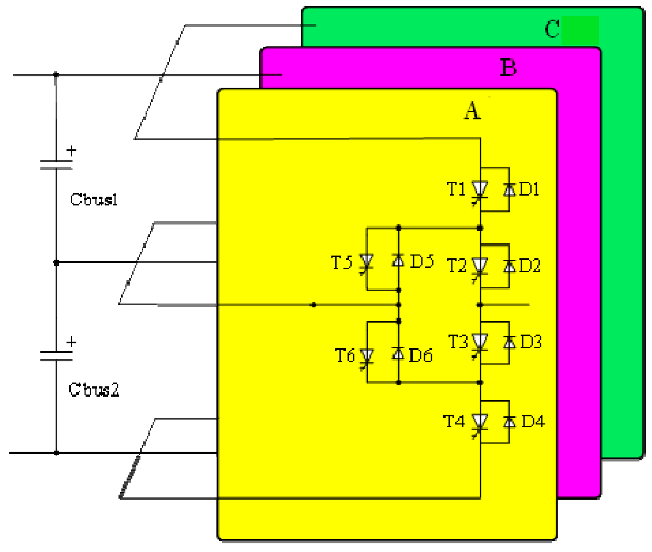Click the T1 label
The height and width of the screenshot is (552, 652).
tap(456, 189)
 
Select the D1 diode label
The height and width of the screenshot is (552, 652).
tap(529, 189)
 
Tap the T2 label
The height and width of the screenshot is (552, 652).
tap(457, 265)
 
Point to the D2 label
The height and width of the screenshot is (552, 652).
tap(529, 265)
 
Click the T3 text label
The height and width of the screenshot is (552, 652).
tap(458, 342)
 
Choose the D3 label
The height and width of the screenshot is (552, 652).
tap(530, 342)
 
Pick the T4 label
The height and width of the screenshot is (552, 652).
tap(454, 421)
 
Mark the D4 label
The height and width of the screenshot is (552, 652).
tap(533, 421)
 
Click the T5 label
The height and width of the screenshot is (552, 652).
tap(342, 263)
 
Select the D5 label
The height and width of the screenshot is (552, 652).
tap(421, 262)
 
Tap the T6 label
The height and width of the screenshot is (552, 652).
tap(345, 355)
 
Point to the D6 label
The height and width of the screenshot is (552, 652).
tap(420, 355)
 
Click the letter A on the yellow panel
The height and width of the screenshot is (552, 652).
tap(472, 111)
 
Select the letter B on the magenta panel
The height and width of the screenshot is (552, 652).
tap(508, 68)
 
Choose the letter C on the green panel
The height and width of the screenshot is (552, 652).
tap(552, 29)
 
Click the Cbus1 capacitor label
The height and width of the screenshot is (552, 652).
tap(94, 199)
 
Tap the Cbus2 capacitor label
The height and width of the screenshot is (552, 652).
tap(94, 390)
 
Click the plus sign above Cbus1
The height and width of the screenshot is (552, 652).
tap(71, 151)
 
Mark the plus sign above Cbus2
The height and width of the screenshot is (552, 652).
tap(71, 342)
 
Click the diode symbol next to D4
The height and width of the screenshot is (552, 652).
tap(509, 421)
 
